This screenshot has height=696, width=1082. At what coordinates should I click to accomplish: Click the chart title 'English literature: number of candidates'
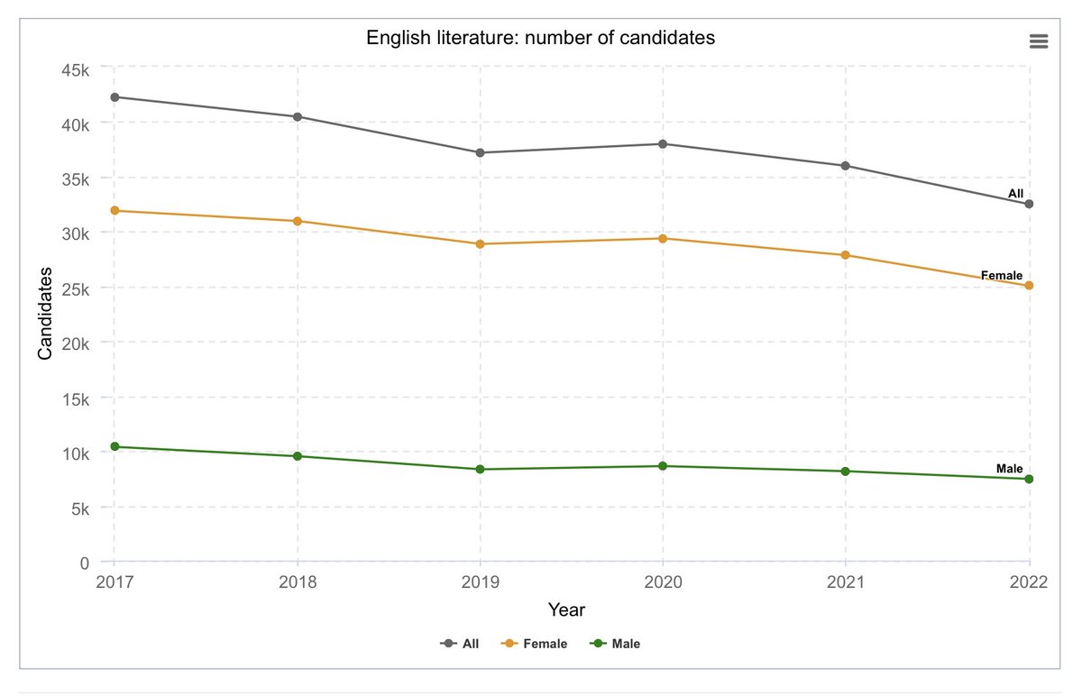pos(540,38)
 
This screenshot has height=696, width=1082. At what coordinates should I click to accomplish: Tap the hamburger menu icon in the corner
pos(1038,41)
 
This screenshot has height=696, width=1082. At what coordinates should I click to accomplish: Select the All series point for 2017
pos(115,97)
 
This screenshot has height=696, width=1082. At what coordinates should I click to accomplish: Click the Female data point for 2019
pos(480,244)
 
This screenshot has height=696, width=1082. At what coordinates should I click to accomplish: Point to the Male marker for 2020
pos(663,466)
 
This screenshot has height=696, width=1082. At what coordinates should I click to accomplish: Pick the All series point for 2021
pos(846,166)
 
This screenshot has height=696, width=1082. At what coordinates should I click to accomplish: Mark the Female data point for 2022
pos(1029,286)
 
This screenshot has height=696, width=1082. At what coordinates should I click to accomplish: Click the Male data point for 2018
pos(297,456)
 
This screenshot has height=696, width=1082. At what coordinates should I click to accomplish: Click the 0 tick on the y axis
pos(84,563)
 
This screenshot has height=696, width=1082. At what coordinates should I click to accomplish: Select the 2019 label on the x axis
pos(480,582)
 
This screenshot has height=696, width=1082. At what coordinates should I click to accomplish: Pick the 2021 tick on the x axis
pos(846,582)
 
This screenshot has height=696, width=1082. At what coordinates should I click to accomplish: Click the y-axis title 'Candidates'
pos(44,313)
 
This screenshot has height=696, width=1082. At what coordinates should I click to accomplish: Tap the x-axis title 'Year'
pos(566,610)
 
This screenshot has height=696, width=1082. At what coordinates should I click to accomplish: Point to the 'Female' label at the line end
pos(1001,275)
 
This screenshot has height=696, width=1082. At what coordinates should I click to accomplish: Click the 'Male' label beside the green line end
pos(1009,469)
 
